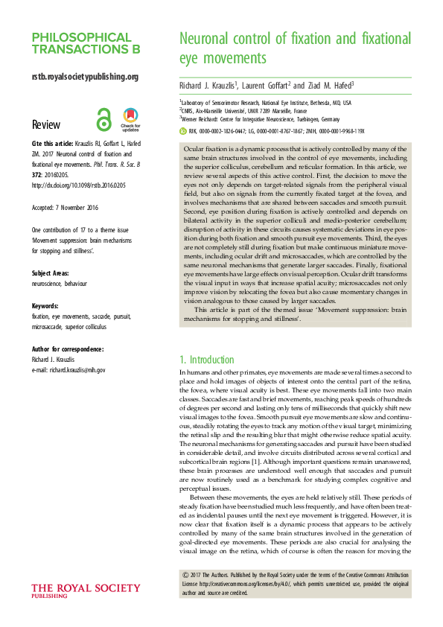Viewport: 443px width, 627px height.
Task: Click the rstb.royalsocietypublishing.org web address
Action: tap(85, 76)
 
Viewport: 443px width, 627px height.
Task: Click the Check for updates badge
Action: tap(130, 119)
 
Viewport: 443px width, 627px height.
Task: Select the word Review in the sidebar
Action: tap(46, 124)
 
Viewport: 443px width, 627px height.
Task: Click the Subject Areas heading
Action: tap(54, 273)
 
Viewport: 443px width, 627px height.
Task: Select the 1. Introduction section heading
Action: tap(207, 360)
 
